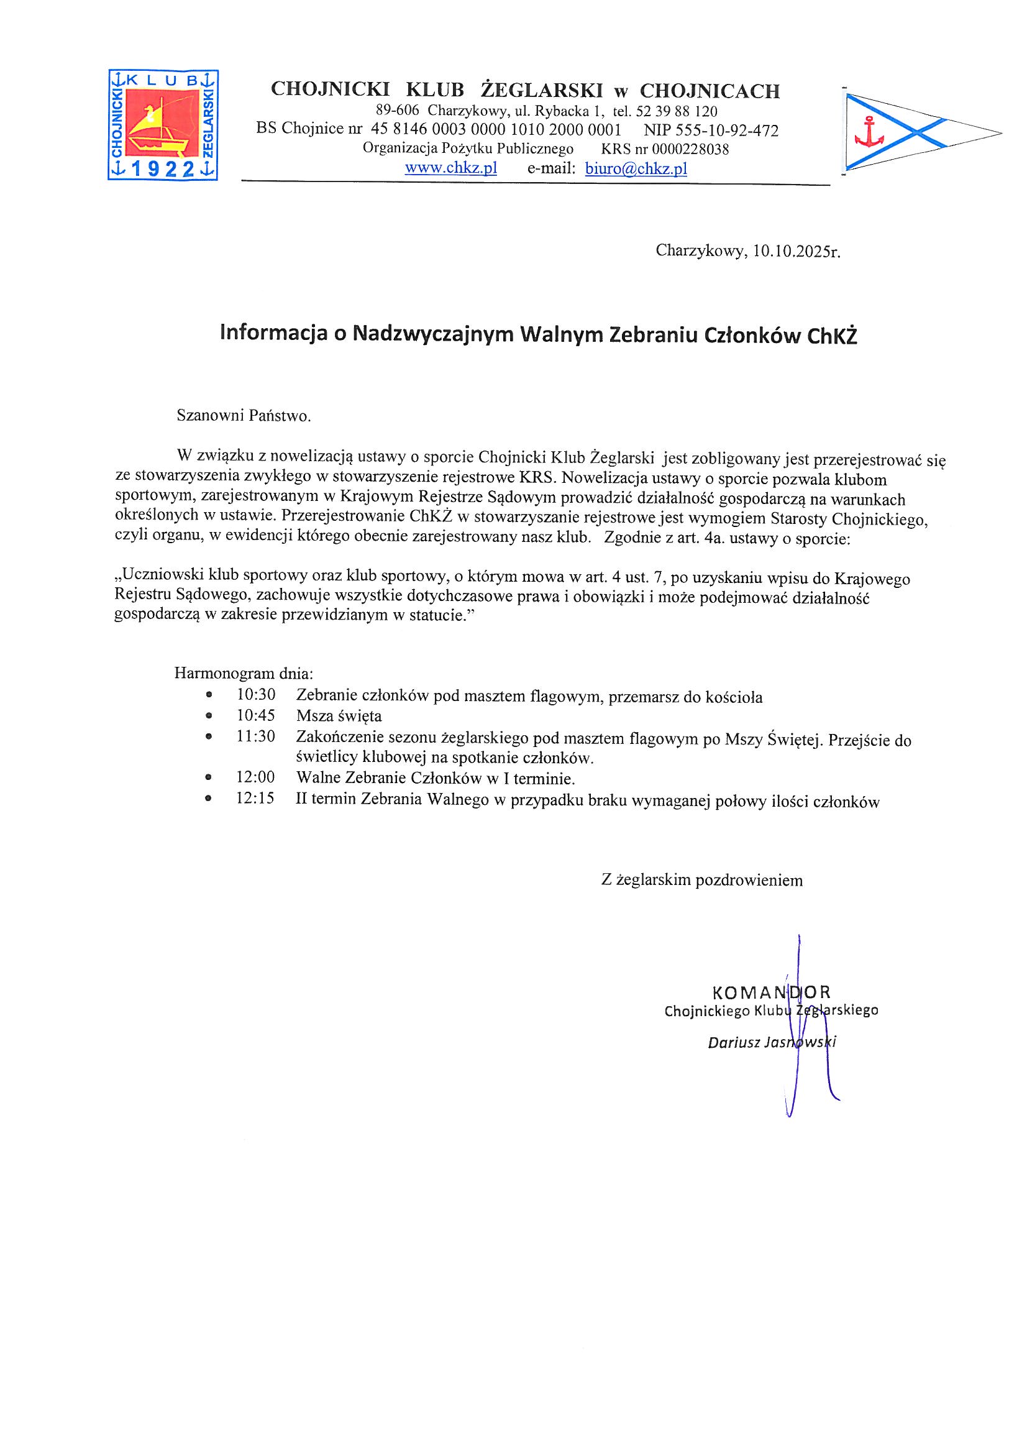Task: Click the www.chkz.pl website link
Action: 450,168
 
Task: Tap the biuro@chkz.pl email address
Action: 636,168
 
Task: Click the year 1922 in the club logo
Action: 163,169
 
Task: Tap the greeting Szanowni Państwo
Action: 244,416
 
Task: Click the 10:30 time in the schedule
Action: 255,695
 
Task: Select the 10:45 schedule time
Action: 255,715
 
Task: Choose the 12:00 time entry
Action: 255,777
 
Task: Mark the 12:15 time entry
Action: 255,798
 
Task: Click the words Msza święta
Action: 339,716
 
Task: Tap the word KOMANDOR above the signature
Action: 771,992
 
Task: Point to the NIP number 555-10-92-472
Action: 733,131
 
